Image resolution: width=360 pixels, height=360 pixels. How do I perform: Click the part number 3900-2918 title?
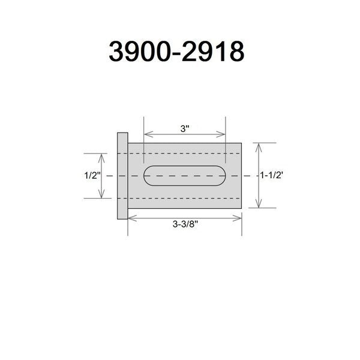point(176,51)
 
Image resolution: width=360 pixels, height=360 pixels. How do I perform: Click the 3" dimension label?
point(185,129)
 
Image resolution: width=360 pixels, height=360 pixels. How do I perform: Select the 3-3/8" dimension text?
point(185,224)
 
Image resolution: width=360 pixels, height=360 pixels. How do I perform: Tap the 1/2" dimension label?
point(92,176)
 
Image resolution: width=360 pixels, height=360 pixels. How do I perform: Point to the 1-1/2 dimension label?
point(271,175)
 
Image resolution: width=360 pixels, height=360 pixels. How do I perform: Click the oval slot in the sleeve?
point(185,176)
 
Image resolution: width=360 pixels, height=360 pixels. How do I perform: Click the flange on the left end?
point(122,176)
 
